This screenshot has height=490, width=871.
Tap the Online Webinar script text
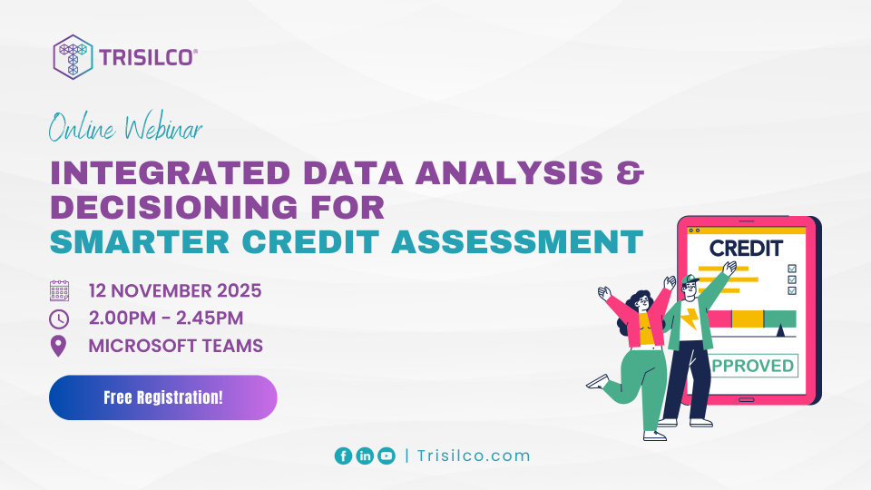tap(125, 129)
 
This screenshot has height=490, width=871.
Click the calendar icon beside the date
tap(60, 291)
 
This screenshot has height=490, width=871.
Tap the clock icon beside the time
tap(60, 318)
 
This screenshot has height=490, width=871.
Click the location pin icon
tap(60, 346)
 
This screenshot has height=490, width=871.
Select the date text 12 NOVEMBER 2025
tap(175, 291)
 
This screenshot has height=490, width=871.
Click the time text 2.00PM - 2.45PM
tap(166, 318)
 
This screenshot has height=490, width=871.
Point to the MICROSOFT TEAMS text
tap(176, 346)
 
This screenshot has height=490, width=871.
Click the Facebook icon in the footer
tap(343, 456)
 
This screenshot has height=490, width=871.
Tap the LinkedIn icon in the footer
tap(365, 456)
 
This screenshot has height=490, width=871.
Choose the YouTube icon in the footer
tap(387, 456)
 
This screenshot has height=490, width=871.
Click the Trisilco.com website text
tap(474, 456)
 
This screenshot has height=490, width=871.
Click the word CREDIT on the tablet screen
tap(746, 248)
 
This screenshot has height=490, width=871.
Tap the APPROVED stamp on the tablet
tap(752, 367)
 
